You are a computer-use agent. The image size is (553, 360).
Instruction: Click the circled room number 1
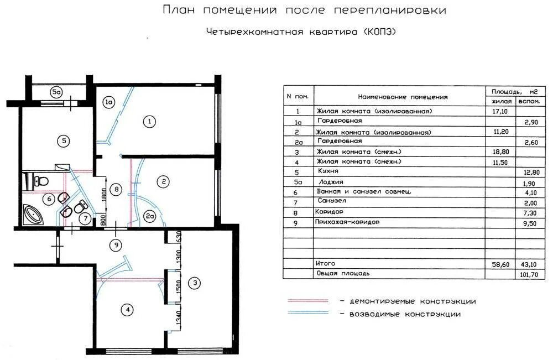coord(148,121)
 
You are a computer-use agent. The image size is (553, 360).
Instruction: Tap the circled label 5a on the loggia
coord(56,92)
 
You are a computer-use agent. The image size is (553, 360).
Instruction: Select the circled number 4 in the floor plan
coord(128,310)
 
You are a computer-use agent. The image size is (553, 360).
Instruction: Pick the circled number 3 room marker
coord(195,284)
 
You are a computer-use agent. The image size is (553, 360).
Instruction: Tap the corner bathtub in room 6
coord(35,212)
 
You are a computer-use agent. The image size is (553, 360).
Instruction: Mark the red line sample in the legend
coord(307,301)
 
